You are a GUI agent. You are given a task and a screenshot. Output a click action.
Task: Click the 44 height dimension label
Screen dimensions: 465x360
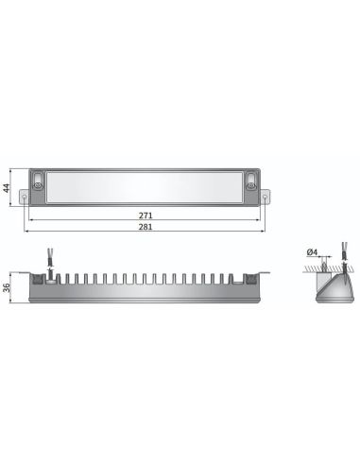(9, 187)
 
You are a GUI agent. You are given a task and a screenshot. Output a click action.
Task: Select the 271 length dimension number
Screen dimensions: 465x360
(145, 215)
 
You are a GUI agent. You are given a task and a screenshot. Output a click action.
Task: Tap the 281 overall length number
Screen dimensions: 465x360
(145, 227)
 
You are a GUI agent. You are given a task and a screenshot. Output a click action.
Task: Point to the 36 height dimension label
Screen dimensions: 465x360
(9, 288)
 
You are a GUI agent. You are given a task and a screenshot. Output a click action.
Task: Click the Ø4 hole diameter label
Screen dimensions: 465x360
(313, 252)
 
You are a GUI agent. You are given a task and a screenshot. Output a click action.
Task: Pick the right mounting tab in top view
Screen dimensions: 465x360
(268, 198)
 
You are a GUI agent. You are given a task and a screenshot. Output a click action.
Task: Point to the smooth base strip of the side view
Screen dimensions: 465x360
(145, 296)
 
